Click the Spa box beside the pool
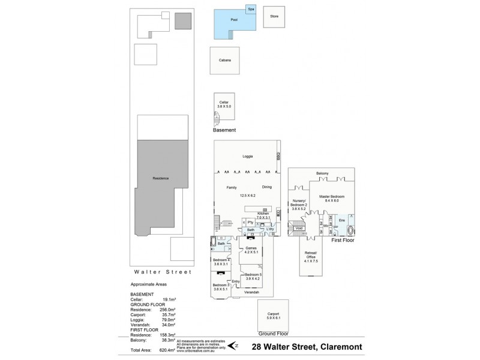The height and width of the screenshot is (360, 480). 251,10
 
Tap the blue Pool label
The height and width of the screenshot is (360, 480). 234,20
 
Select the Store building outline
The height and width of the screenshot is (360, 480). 274,17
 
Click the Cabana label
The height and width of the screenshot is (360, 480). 224,60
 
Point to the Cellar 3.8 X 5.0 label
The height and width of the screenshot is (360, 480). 224,104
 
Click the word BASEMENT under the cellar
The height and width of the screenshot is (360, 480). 224,130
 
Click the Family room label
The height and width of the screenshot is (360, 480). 231,187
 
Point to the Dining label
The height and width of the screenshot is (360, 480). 267,187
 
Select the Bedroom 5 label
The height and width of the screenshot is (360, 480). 253,277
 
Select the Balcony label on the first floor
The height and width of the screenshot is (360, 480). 322,173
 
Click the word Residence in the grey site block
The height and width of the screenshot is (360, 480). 160,179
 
